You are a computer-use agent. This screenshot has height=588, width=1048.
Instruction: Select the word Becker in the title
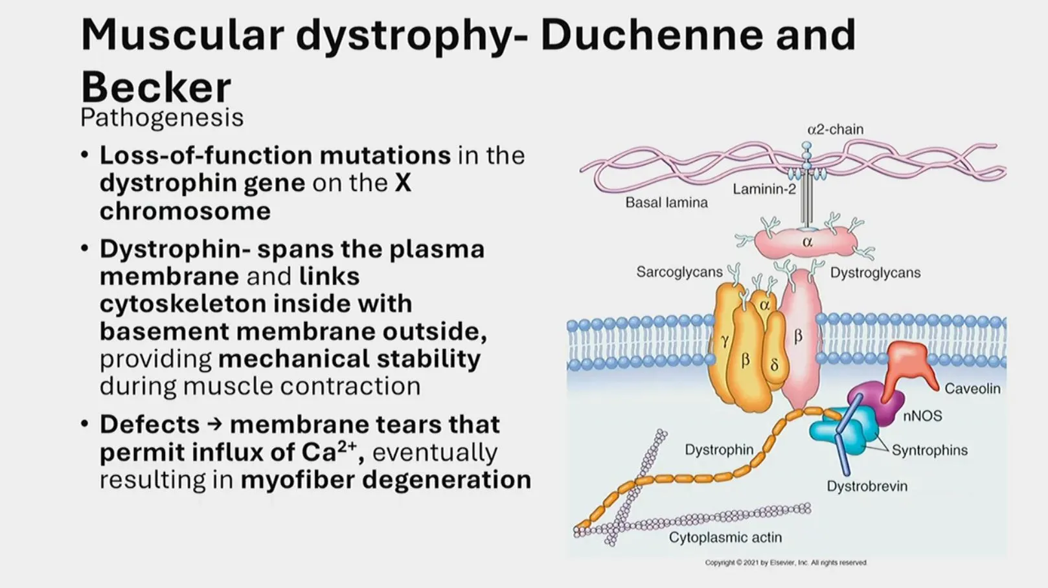tap(155, 87)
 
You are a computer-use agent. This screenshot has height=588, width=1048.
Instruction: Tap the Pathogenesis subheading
tap(162, 118)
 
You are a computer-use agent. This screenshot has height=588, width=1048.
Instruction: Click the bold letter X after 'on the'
tap(403, 183)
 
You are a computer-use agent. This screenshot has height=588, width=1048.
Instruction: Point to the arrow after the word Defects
tap(214, 425)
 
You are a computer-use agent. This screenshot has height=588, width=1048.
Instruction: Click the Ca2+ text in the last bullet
tap(329, 452)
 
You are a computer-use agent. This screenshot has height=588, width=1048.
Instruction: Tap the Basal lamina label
tap(666, 203)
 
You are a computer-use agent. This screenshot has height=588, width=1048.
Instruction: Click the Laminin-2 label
tap(764, 189)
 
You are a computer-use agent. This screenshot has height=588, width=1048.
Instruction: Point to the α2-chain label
tap(835, 130)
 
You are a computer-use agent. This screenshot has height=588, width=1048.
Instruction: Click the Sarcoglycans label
tap(679, 272)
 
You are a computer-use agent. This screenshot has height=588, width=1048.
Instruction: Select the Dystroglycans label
tap(875, 273)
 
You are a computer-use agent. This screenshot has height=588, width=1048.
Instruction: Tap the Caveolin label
tap(972, 389)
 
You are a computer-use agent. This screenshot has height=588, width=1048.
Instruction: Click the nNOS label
tap(922, 416)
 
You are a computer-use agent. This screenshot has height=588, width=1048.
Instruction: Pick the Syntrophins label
tap(929, 450)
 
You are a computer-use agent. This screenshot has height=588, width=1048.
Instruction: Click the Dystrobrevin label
tap(867, 486)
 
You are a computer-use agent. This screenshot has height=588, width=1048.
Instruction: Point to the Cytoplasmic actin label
tap(725, 537)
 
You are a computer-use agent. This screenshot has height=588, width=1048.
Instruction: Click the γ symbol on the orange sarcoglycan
tap(725, 341)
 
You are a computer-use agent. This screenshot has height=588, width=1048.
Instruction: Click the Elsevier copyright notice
tap(785, 563)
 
